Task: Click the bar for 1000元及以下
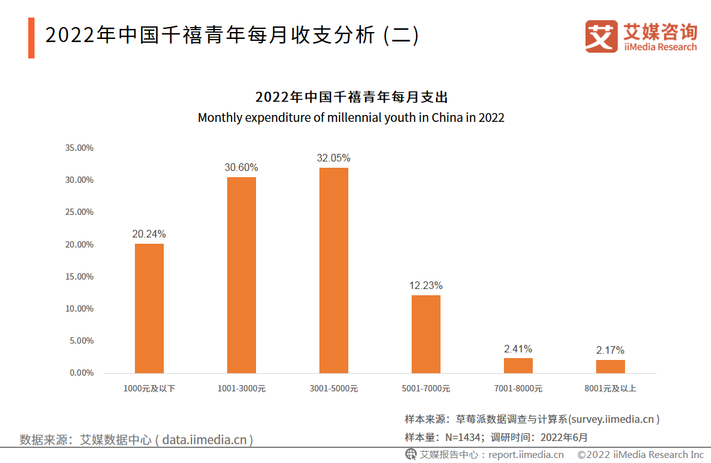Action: click(149, 308)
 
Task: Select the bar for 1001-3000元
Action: click(242, 275)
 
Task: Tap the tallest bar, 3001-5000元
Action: click(334, 271)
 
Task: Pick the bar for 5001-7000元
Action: click(426, 334)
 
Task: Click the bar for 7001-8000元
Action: click(518, 366)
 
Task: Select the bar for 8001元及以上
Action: click(611, 366)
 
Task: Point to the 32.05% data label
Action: click(333, 158)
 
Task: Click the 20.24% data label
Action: click(149, 234)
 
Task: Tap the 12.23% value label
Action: click(426, 286)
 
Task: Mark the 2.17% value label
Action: click(611, 351)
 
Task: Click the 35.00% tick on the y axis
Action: click(80, 148)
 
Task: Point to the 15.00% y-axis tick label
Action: click(80, 277)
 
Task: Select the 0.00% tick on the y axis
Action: click(82, 373)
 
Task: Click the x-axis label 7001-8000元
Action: click(518, 389)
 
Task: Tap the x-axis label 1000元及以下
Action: click(149, 389)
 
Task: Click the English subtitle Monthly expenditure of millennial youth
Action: click(351, 117)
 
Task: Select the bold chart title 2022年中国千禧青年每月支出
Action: click(351, 97)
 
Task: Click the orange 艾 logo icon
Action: click(601, 36)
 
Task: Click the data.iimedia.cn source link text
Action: click(204, 440)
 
